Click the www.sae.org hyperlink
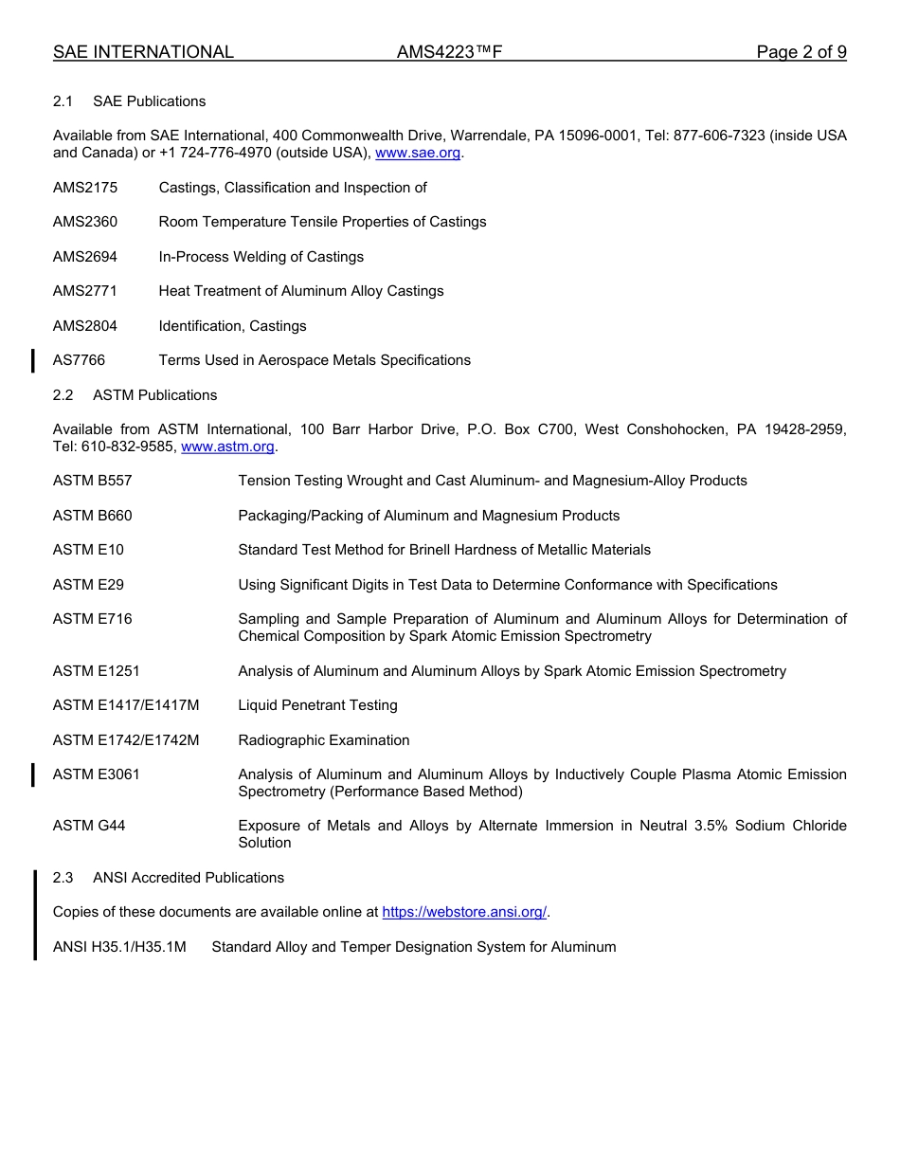(x=418, y=153)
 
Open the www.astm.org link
(x=227, y=446)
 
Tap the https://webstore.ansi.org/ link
(x=464, y=912)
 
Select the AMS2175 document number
(x=85, y=188)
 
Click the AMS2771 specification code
(x=85, y=291)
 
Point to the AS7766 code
(x=80, y=360)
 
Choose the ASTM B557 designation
(x=93, y=481)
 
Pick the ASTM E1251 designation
(x=97, y=671)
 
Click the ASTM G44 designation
(x=89, y=826)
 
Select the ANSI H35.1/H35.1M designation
(x=119, y=947)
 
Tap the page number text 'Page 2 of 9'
(x=801, y=52)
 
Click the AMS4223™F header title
(x=449, y=52)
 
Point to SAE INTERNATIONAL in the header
(x=143, y=52)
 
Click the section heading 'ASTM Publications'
(x=154, y=395)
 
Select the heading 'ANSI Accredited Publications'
(x=189, y=878)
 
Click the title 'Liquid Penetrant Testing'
(x=317, y=705)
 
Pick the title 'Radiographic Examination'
(x=324, y=740)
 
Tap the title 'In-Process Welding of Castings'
(x=261, y=257)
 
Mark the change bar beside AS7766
(x=34, y=360)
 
